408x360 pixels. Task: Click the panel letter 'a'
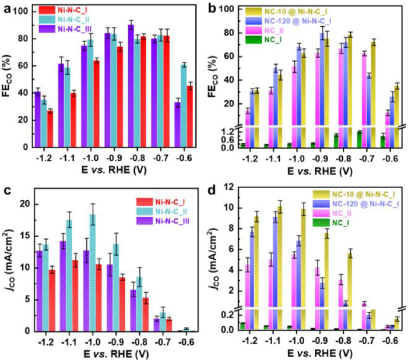pos(7,8)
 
